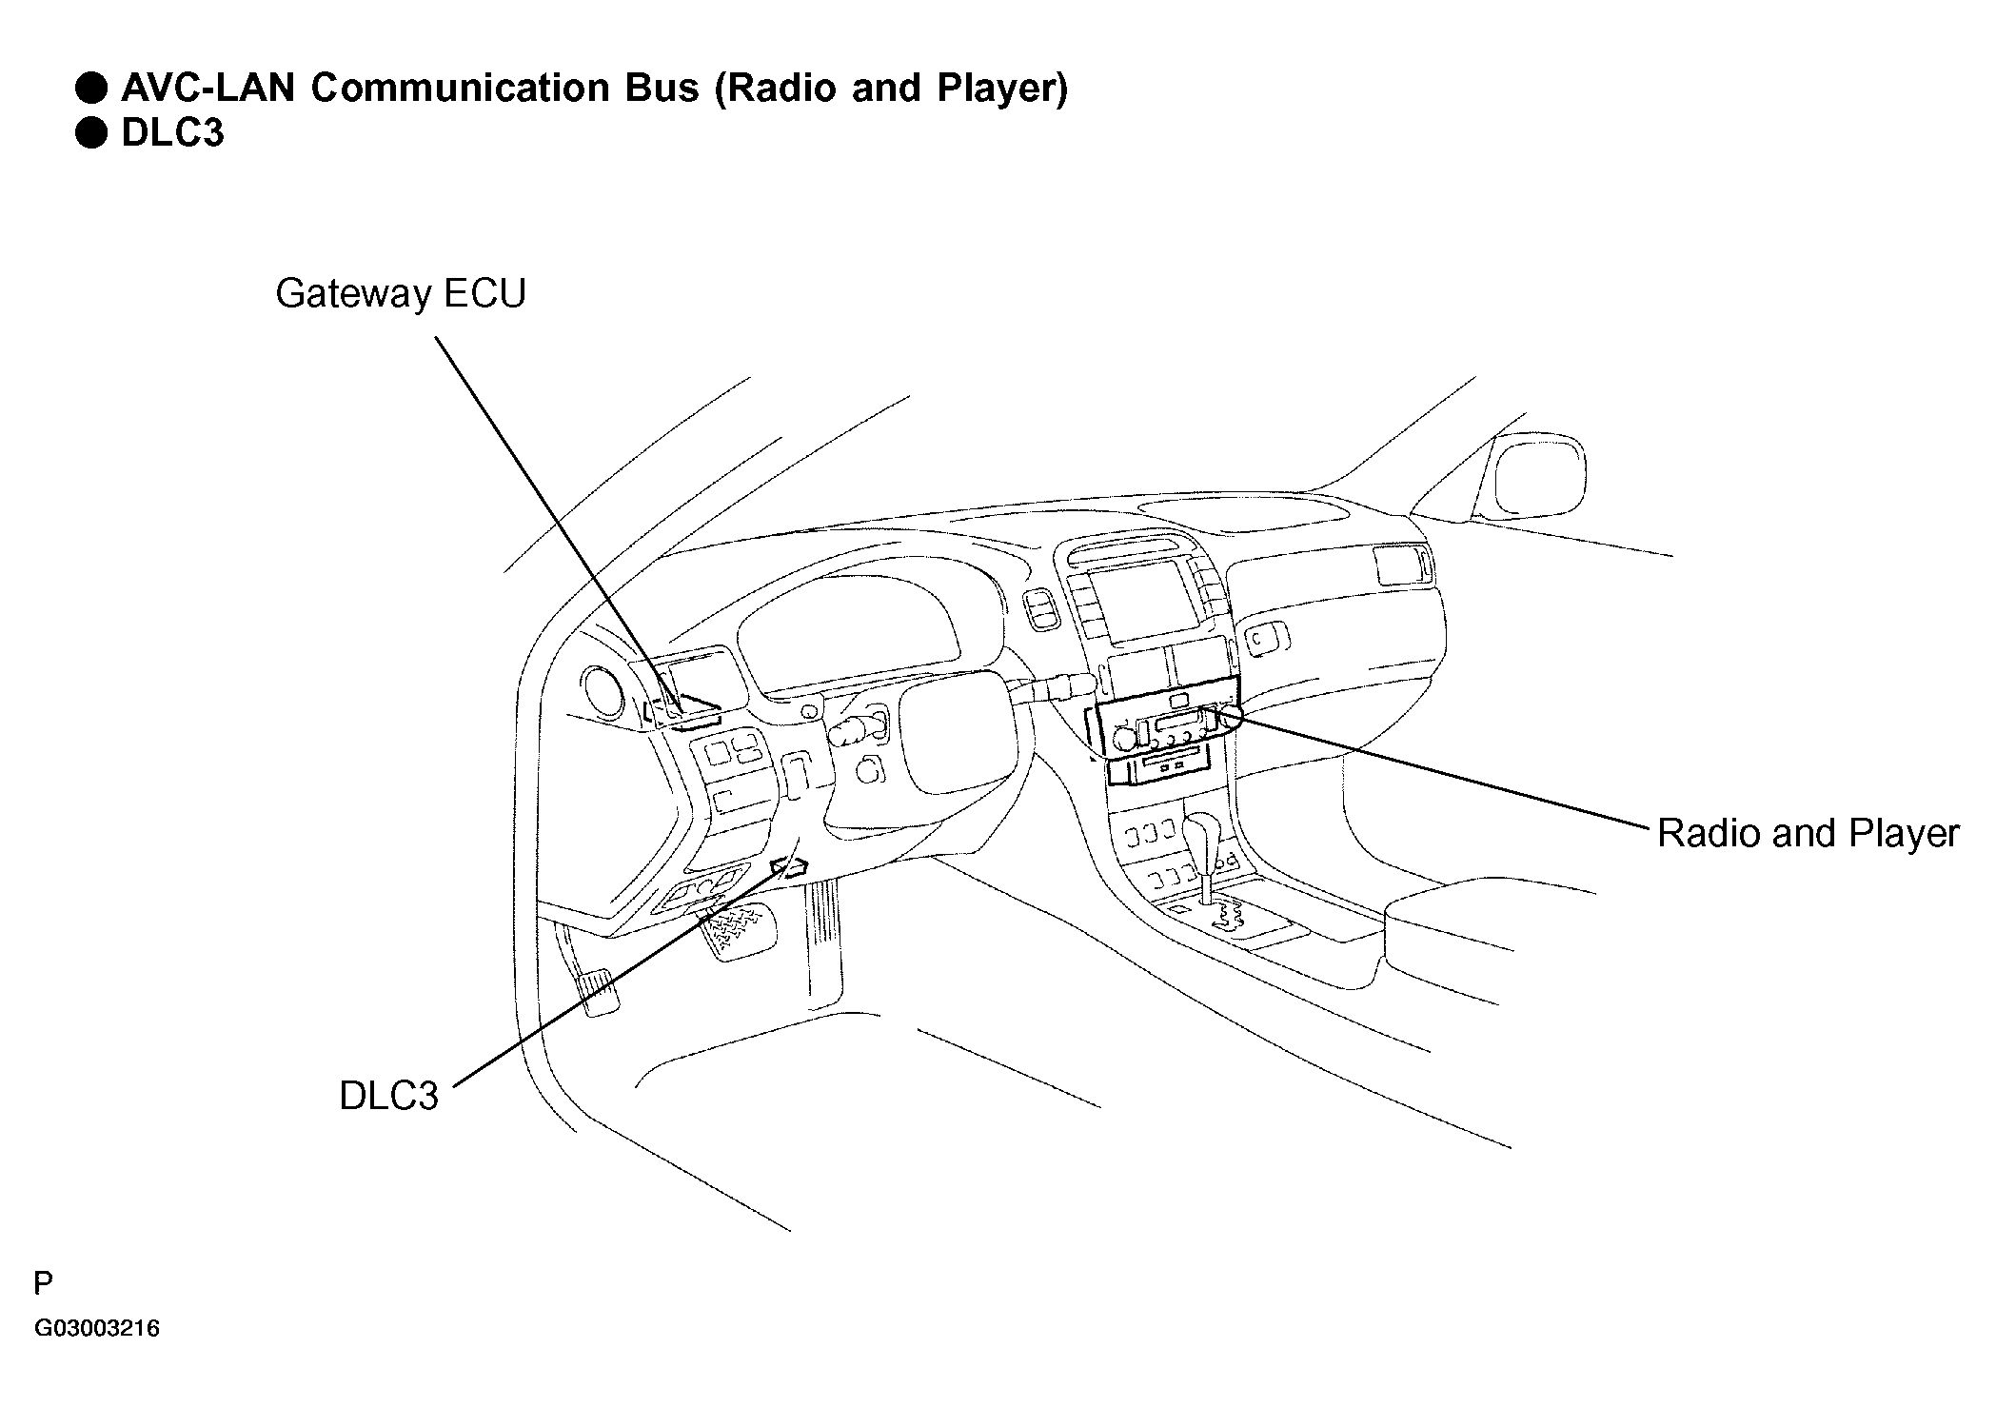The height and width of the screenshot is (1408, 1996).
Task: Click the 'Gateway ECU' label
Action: [x=401, y=294]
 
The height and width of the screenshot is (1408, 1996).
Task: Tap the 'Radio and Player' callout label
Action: [x=1808, y=834]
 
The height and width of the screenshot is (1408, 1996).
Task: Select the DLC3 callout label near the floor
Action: [x=388, y=1097]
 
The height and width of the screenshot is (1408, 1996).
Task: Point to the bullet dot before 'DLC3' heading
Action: [x=91, y=133]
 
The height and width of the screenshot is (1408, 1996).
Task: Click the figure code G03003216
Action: [x=97, y=1329]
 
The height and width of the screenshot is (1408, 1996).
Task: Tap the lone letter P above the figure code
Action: [x=43, y=1284]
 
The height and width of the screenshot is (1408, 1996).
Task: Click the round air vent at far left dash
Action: [x=602, y=692]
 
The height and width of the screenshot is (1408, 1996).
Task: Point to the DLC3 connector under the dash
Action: [x=789, y=866]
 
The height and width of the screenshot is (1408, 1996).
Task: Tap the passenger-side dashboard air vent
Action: [x=1400, y=565]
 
